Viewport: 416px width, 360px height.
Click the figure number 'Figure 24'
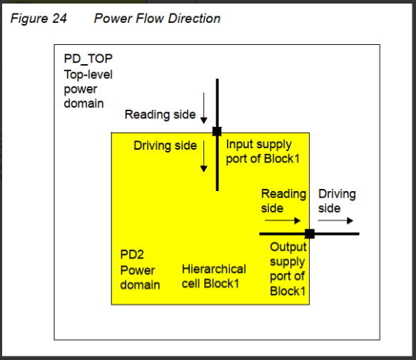(39, 19)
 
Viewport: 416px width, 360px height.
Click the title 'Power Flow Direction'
(157, 19)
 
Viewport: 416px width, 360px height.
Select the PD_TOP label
(88, 58)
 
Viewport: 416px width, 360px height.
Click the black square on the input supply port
(217, 131)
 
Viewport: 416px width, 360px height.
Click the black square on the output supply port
(310, 233)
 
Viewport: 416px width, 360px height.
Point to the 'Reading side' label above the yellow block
(160, 115)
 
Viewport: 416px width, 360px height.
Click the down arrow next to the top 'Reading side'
(203, 108)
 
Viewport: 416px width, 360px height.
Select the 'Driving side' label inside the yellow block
(165, 146)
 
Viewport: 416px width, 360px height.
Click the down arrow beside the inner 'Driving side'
(203, 156)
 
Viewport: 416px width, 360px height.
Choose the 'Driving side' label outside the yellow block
(337, 200)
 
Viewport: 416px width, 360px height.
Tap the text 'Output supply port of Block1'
(288, 269)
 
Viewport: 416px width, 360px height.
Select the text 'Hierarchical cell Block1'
(213, 276)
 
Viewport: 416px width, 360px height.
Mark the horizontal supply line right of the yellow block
(336, 233)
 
